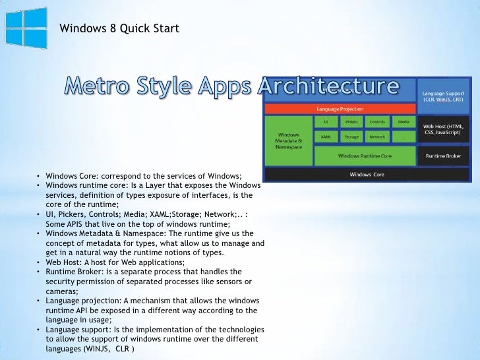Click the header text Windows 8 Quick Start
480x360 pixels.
pyautogui.click(x=119, y=28)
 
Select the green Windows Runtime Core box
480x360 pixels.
pyautogui.click(x=365, y=156)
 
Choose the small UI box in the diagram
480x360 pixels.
pyautogui.click(x=326, y=122)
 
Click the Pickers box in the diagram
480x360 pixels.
pyautogui.click(x=351, y=122)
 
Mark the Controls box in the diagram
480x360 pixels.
pyautogui.click(x=377, y=122)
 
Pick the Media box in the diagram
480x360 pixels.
pyautogui.click(x=403, y=122)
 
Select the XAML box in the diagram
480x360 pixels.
pyautogui.click(x=326, y=137)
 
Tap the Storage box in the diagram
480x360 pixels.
pyautogui.click(x=351, y=137)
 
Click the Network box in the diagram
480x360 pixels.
pyautogui.click(x=377, y=137)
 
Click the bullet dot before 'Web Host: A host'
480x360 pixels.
pyautogui.click(x=39, y=262)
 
